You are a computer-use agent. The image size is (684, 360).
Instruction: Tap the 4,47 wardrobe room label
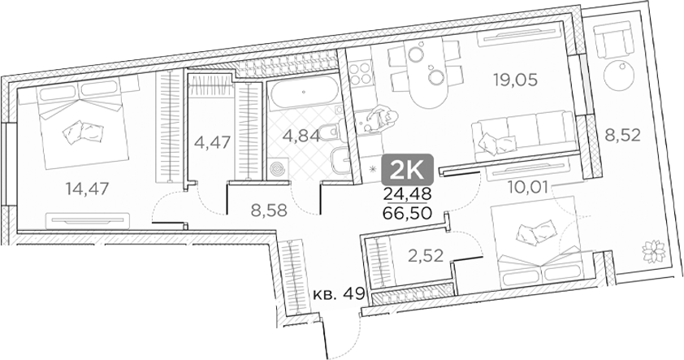213,142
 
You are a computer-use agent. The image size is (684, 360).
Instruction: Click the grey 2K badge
412,169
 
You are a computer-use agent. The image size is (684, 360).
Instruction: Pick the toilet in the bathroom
327,132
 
